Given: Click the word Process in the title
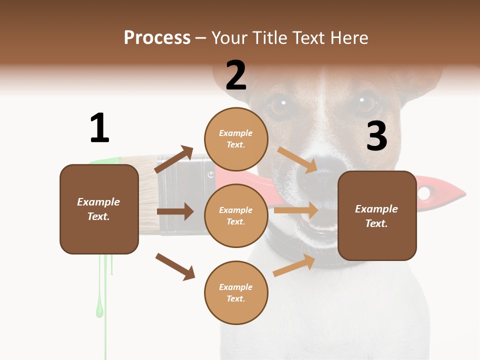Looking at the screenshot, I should [157, 37].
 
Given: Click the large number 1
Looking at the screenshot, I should [99, 128].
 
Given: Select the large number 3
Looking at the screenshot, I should [376, 136].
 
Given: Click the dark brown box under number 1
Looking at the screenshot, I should [99, 209].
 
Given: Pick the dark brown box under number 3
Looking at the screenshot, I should [377, 215].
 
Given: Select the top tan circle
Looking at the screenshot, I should [236, 139].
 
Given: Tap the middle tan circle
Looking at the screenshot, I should [236, 215].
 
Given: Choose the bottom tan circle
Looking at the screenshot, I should [236, 292].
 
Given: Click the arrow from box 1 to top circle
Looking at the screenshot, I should [174, 159].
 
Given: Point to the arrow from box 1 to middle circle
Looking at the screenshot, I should [175, 211].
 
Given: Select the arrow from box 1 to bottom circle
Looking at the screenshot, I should [175, 266].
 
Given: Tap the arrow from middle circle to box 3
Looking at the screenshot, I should [296, 210].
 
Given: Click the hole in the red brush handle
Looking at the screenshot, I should [424, 192].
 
